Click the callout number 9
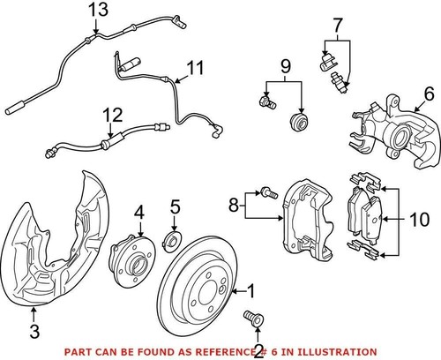pos(285,66)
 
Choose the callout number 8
pos(233,208)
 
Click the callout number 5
pos(175,209)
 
